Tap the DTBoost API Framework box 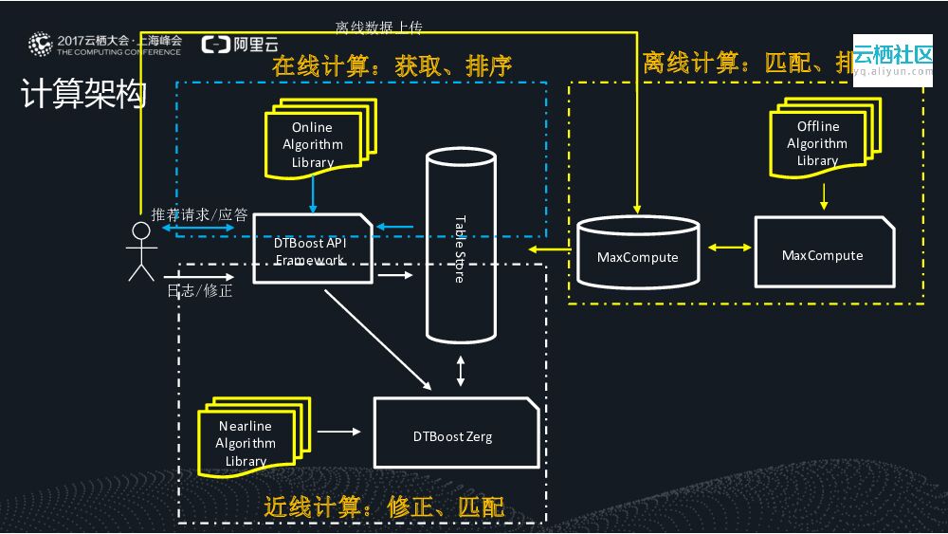click(312, 249)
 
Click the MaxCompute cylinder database click(637, 250)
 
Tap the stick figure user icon click(141, 251)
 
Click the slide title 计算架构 click(83, 94)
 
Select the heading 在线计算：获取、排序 click(392, 64)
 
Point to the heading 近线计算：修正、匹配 click(383, 507)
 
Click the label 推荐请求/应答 click(200, 215)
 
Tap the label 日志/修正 click(200, 290)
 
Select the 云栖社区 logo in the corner click(892, 58)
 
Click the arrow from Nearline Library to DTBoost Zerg click(339, 432)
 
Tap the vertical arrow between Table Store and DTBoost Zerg click(461, 371)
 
